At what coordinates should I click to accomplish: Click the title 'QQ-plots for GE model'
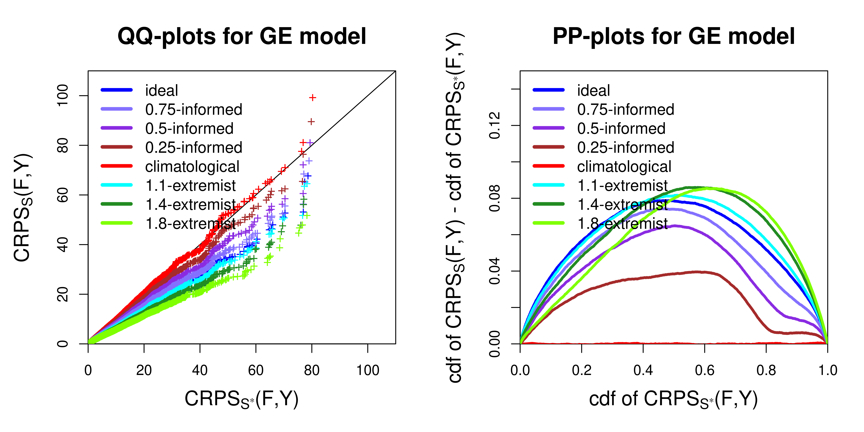[242, 36]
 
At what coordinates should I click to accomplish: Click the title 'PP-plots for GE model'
[674, 36]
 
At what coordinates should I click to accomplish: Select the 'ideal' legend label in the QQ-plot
[161, 91]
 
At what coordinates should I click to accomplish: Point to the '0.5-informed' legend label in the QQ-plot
[189, 128]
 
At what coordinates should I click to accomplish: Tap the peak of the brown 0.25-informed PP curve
[698, 272]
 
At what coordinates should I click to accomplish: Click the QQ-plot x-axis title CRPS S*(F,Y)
[242, 399]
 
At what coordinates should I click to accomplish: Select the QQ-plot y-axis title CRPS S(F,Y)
[23, 208]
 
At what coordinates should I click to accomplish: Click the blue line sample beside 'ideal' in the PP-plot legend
[549, 90]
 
